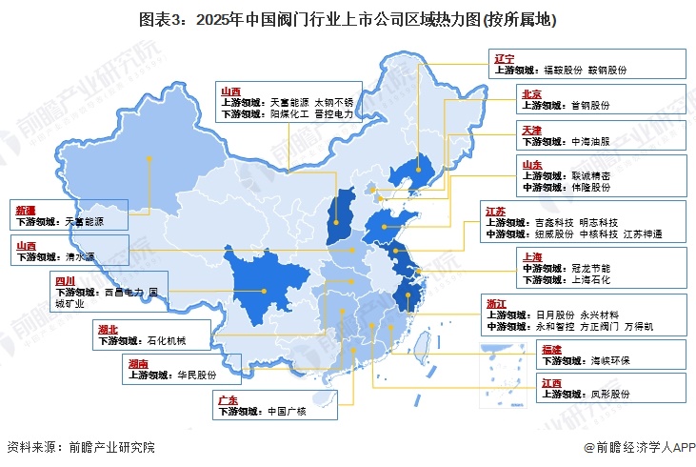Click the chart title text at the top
(348, 19)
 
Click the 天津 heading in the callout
(532, 129)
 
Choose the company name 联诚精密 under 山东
(591, 176)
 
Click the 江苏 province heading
(494, 211)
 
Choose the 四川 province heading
(65, 282)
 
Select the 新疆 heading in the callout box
(27, 209)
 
